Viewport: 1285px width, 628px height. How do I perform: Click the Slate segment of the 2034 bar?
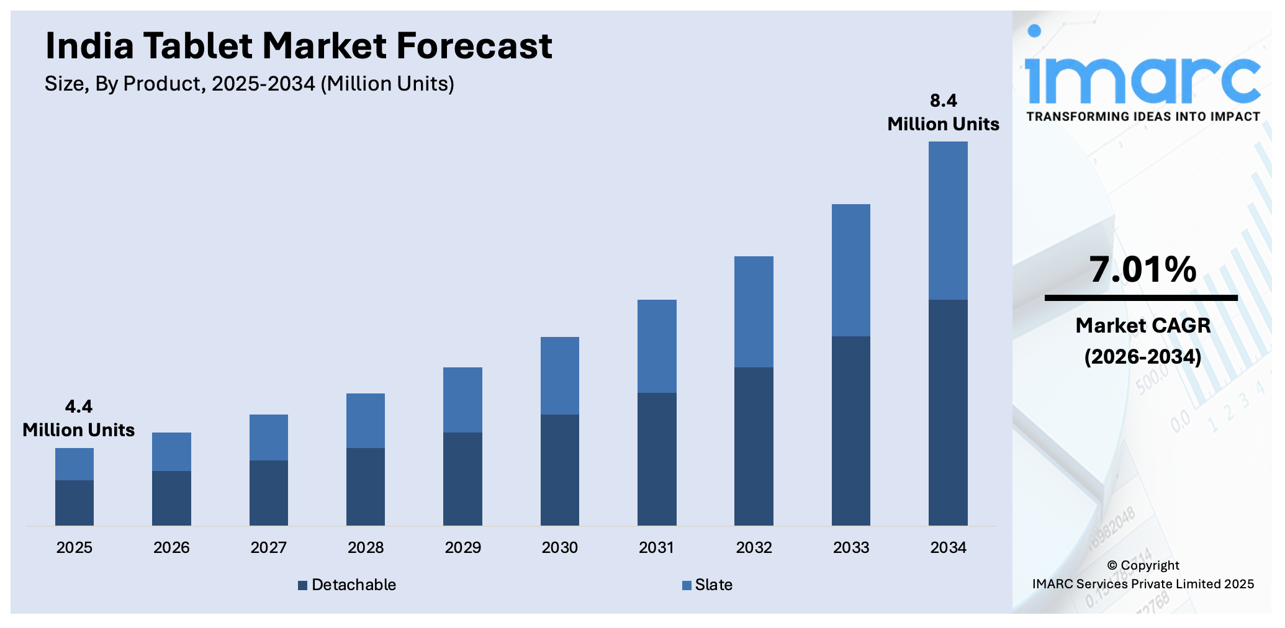point(947,220)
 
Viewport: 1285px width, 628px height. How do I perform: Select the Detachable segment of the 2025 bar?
point(74,503)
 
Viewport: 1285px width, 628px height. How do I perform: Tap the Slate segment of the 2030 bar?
point(559,375)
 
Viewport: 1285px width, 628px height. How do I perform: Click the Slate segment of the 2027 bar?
point(268,437)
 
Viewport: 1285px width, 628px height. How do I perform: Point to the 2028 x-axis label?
point(365,547)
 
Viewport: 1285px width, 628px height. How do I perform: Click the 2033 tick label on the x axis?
point(850,547)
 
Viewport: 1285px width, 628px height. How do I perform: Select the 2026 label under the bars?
point(171,547)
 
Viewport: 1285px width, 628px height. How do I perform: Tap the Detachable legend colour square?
point(302,585)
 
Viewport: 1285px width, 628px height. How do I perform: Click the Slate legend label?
point(713,585)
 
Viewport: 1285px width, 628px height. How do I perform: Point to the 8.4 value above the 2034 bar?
point(943,101)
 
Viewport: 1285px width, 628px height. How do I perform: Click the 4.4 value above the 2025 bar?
point(78,406)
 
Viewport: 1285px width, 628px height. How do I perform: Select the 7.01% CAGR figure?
point(1142,269)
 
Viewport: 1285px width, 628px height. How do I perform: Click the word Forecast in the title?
point(474,46)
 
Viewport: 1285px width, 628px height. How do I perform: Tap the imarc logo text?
point(1142,81)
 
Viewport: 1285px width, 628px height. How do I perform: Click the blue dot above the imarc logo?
point(1034,30)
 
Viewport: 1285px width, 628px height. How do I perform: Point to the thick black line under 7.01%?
point(1141,298)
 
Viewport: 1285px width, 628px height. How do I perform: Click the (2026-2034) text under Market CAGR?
point(1142,356)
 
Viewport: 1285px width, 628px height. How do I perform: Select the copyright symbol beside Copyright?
point(1112,565)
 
